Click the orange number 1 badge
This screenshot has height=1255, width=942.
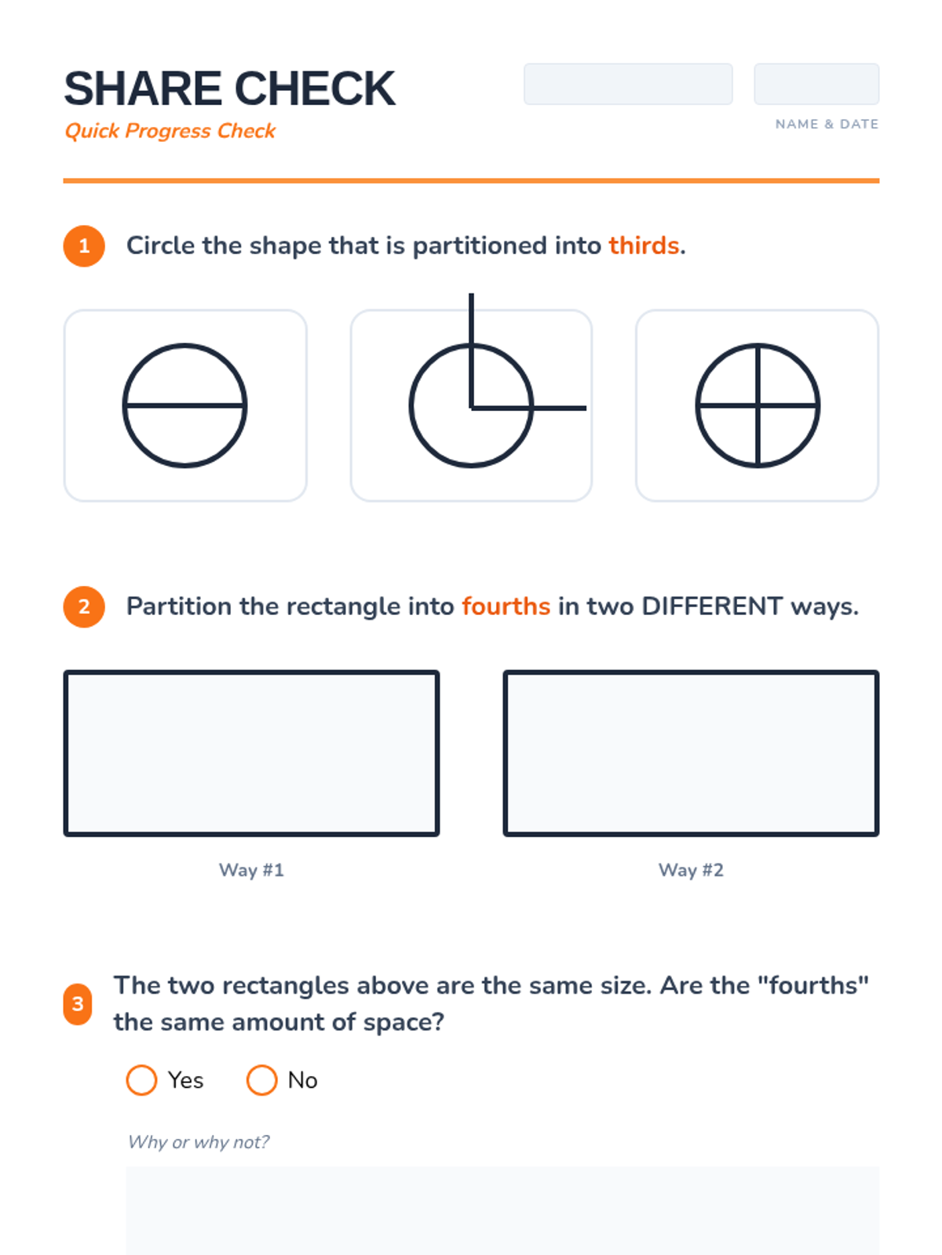(84, 246)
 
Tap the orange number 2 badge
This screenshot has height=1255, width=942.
(84, 606)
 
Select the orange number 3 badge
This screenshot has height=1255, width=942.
(78, 1004)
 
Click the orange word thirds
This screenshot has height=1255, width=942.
(644, 246)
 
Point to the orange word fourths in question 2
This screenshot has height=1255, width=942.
(506, 606)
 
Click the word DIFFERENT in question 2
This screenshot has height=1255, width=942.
(712, 606)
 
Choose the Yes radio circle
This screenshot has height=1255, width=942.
(141, 1080)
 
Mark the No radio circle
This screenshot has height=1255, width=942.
(261, 1080)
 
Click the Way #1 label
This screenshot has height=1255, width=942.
(252, 870)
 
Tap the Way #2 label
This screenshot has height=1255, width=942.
(691, 870)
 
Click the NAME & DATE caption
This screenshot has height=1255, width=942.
(827, 124)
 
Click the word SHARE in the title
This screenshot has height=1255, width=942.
(143, 89)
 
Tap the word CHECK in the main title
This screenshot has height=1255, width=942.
(315, 89)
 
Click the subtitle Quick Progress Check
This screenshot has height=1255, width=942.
(170, 131)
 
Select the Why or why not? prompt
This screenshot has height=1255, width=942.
(199, 1142)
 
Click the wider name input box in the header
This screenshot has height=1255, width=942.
(628, 84)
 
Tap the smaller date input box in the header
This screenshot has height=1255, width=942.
(816, 84)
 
